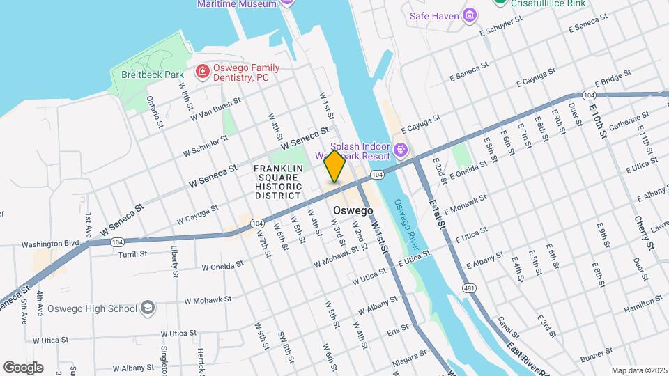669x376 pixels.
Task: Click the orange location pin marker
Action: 334,166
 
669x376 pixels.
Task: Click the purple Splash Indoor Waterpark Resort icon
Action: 401,150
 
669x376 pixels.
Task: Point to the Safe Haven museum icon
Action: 470,15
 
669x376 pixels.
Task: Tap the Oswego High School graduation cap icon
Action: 148,307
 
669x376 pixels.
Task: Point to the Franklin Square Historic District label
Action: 278,182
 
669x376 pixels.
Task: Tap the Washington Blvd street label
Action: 50,244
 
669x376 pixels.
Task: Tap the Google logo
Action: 23,367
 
